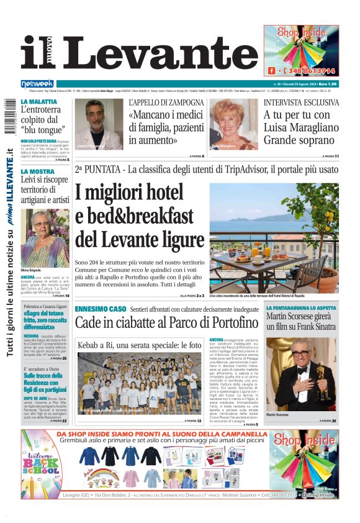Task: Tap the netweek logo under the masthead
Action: tap(37, 83)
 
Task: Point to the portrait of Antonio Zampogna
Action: tap(100, 124)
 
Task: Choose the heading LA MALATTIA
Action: tap(38, 101)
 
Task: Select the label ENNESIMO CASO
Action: tap(101, 309)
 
